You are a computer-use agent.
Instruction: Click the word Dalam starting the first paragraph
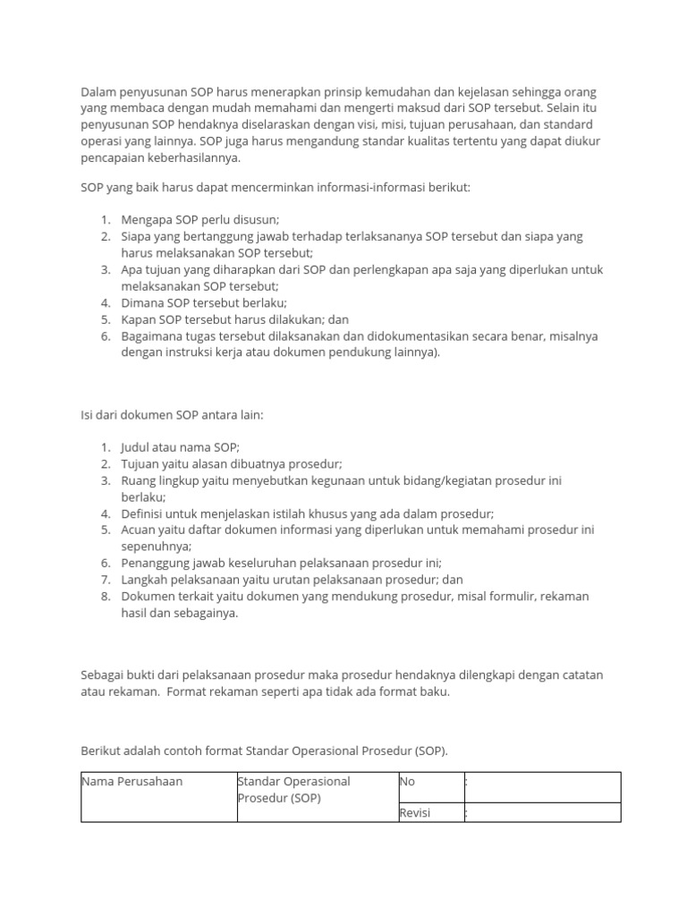click(x=99, y=92)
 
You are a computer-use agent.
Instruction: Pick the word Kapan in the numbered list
click(x=139, y=319)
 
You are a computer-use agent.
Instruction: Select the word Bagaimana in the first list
click(x=153, y=335)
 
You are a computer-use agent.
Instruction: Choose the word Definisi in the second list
click(x=145, y=513)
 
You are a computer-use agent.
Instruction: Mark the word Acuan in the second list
click(x=140, y=530)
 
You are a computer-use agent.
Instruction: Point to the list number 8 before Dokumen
click(x=104, y=596)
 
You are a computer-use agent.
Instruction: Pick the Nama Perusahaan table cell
click(x=132, y=782)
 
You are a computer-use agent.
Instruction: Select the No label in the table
click(x=407, y=782)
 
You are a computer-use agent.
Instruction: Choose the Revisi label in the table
click(x=415, y=813)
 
